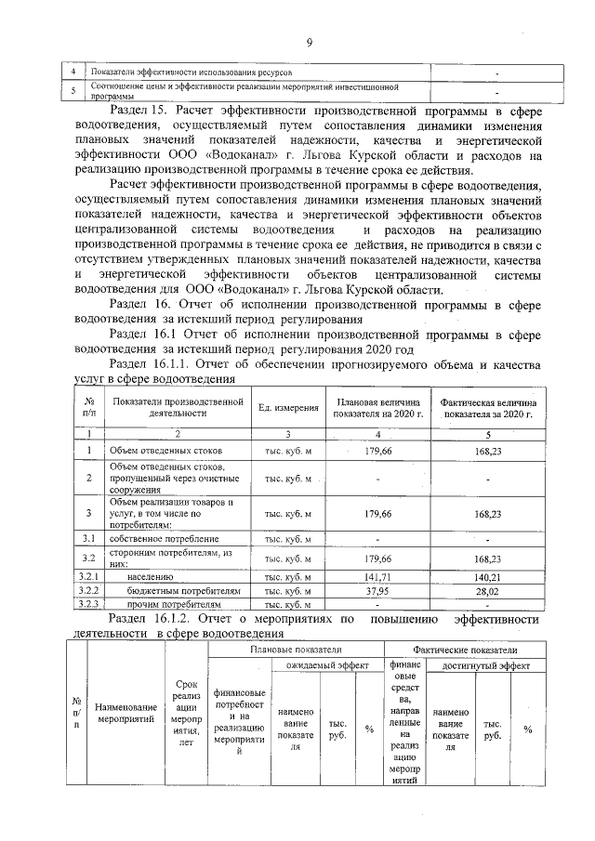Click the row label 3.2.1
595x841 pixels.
pos(88,577)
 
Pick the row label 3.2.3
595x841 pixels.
pos(88,603)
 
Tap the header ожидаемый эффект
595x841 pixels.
pos(326,665)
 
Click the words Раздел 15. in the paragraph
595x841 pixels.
pos(139,111)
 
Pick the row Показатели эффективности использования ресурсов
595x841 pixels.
pos(191,72)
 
